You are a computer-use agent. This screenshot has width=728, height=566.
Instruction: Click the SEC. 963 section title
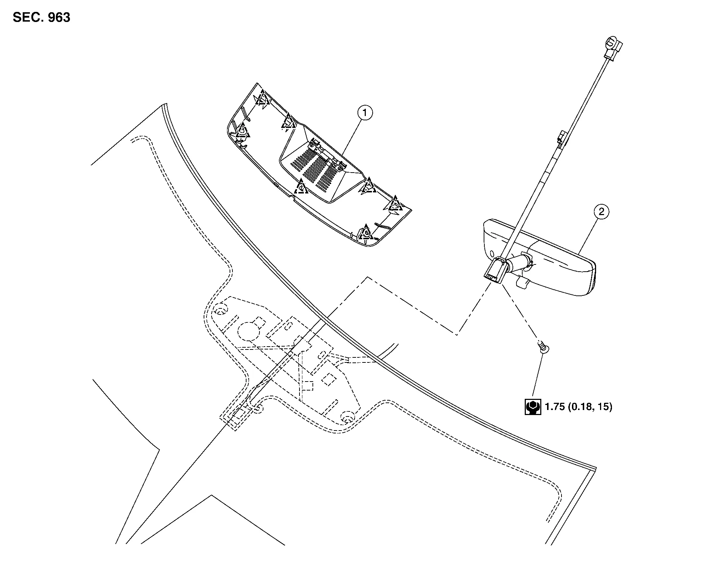click(41, 17)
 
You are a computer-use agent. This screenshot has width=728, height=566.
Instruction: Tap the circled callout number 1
click(365, 113)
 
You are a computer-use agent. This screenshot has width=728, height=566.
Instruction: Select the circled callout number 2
click(601, 211)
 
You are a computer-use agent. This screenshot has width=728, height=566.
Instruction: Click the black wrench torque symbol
click(532, 407)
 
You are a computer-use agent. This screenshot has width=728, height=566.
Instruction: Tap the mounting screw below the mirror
click(543, 346)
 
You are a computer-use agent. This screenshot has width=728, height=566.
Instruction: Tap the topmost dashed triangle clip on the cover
click(263, 98)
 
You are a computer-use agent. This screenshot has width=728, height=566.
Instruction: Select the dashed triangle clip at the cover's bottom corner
click(365, 232)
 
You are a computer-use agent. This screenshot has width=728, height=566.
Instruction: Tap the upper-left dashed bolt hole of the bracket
click(221, 310)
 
